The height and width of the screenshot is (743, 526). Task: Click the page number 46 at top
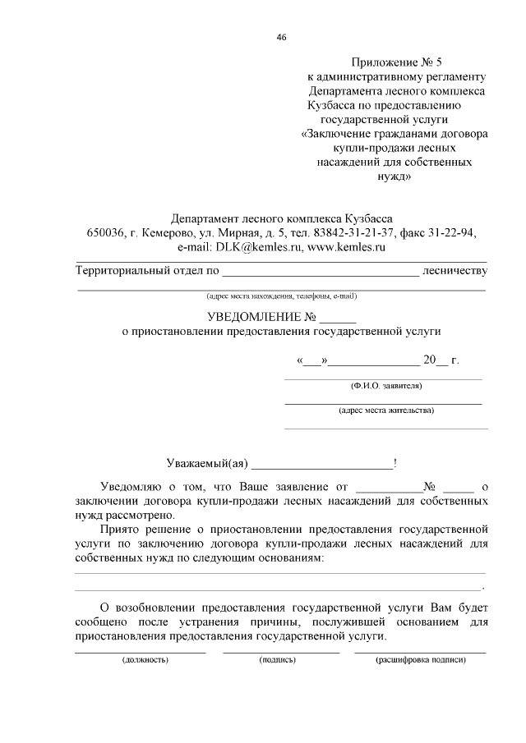pyautogui.click(x=282, y=37)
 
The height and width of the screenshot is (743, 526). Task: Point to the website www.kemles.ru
pyautogui.click(x=346, y=246)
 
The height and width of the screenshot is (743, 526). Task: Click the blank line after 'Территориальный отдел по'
pyautogui.click(x=321, y=271)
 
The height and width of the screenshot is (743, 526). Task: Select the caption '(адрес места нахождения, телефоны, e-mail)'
pyautogui.click(x=282, y=296)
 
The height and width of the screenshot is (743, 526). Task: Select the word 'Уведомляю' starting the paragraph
pyautogui.click(x=131, y=487)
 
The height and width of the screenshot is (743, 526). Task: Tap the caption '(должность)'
pyautogui.click(x=145, y=659)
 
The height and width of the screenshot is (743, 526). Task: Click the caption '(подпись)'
pyautogui.click(x=277, y=659)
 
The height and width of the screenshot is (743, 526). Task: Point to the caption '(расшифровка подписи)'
pyautogui.click(x=421, y=659)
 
